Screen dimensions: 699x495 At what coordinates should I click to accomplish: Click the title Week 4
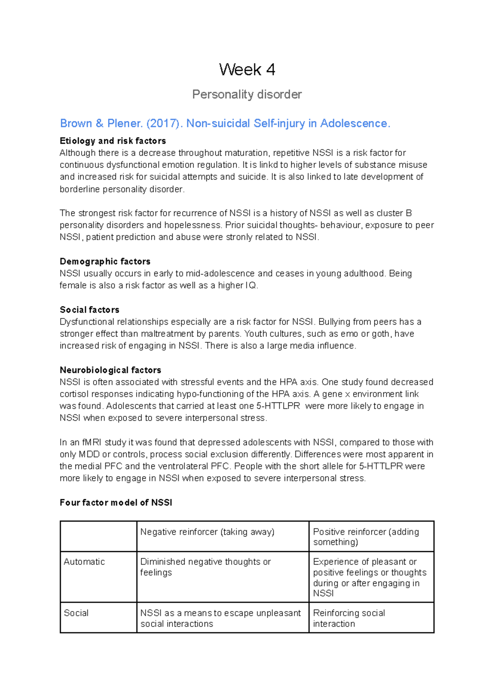click(x=247, y=70)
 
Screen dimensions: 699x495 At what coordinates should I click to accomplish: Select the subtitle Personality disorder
click(x=247, y=94)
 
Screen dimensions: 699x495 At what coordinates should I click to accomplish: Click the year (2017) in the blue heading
click(x=163, y=123)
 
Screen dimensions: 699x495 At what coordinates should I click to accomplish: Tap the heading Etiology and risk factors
click(x=113, y=141)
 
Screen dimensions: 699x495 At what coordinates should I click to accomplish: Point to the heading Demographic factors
click(x=105, y=262)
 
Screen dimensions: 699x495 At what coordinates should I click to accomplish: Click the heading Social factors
click(x=89, y=310)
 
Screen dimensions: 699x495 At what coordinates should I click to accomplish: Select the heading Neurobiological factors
click(x=110, y=370)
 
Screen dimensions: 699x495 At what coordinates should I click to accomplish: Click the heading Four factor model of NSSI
click(x=115, y=503)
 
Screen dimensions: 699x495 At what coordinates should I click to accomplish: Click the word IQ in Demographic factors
click(x=251, y=285)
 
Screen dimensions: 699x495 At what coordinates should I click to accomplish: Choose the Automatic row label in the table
click(x=84, y=562)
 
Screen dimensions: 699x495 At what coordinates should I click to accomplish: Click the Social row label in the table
click(x=76, y=613)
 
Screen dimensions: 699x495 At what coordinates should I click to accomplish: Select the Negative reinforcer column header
click(x=207, y=532)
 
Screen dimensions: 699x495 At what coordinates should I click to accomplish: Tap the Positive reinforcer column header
click(x=365, y=537)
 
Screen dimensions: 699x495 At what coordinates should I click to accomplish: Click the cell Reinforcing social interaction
click(x=349, y=618)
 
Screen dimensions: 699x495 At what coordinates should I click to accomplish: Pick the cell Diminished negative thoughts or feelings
click(x=205, y=567)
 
